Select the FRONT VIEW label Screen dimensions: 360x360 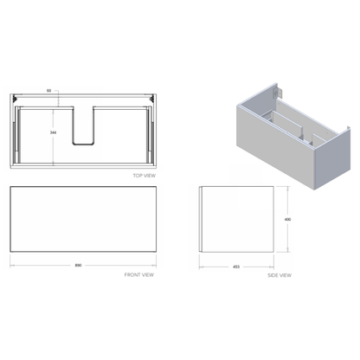(x=138, y=274)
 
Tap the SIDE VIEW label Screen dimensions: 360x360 (x=279, y=274)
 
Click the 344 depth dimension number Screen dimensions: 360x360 (x=54, y=132)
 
